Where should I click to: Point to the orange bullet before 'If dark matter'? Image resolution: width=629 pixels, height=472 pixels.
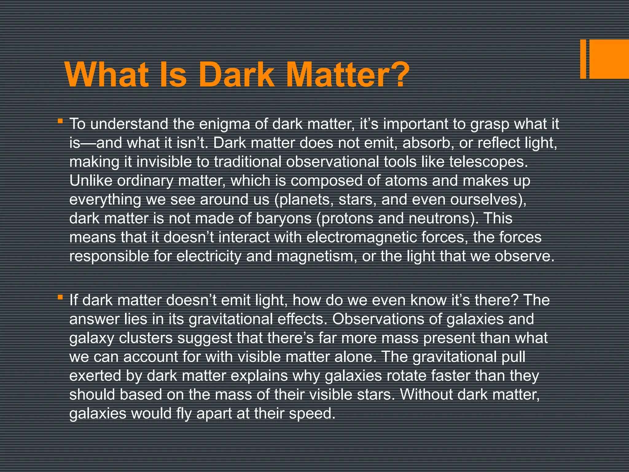point(60,297)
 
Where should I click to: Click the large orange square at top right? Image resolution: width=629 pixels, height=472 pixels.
point(609,59)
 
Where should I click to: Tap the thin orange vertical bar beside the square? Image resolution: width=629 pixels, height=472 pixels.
point(583,59)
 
